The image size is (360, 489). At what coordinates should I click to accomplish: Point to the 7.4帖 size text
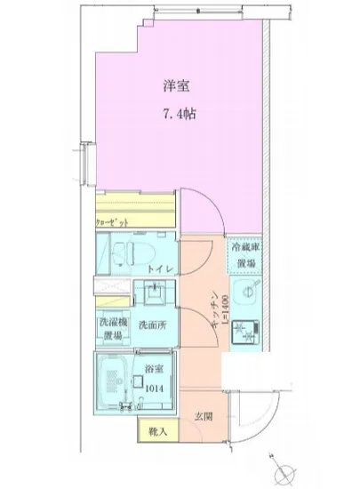tap(178, 116)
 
